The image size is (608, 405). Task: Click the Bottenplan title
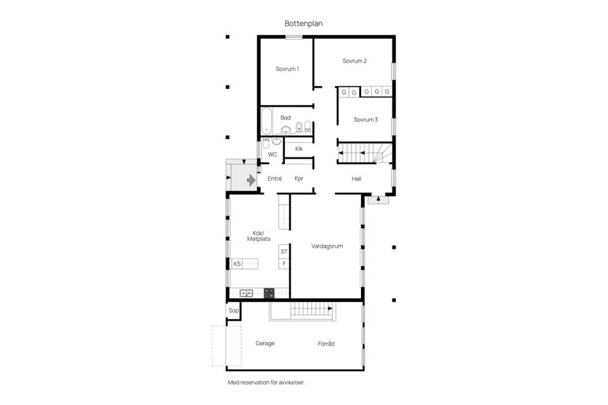[x=303, y=23]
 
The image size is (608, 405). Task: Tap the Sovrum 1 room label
[x=287, y=69]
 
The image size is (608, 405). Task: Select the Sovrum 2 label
[x=355, y=61]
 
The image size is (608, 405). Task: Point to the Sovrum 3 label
[x=365, y=120]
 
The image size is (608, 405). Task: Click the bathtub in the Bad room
[x=267, y=120]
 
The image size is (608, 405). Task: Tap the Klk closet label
[x=298, y=149]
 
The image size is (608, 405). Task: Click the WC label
[x=272, y=154]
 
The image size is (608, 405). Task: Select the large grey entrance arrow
[x=251, y=180]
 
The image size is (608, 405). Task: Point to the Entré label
[x=274, y=178]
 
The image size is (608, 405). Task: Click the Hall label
[x=357, y=178]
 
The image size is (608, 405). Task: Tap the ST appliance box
[x=284, y=251]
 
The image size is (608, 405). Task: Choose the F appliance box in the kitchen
[x=284, y=263]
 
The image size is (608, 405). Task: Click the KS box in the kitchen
[x=237, y=264]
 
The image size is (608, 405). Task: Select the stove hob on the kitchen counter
[x=269, y=293]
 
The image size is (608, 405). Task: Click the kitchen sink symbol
[x=246, y=293]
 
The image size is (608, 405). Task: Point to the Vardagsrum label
[x=327, y=246]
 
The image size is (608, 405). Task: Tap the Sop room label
[x=234, y=311]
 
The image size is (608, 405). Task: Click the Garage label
[x=265, y=344]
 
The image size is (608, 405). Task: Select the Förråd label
[x=326, y=344]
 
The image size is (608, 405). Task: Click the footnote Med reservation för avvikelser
[x=267, y=382]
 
